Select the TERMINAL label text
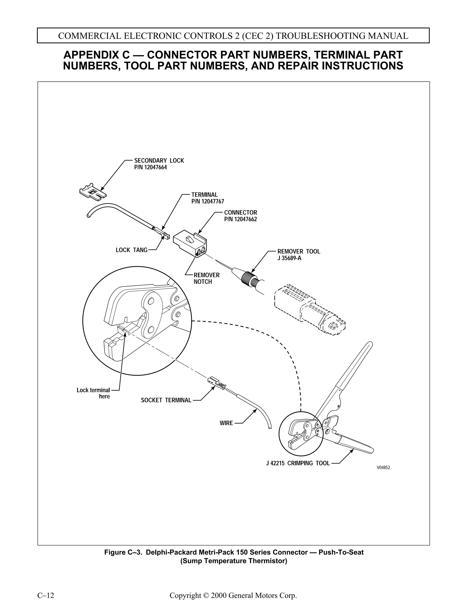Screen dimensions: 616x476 tap(205, 195)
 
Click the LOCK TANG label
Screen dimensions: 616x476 tap(131, 250)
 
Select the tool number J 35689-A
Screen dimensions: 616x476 tap(289, 258)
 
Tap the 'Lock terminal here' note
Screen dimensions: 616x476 tap(93, 393)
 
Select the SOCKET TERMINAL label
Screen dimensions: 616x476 tap(166, 400)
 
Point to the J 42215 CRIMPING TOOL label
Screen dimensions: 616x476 tap(298, 463)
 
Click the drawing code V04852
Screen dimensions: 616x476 tap(383, 468)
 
